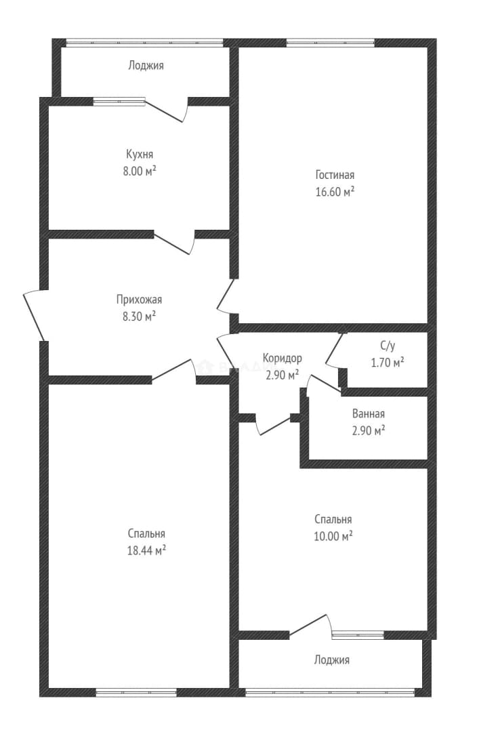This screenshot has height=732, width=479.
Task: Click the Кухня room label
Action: tap(139, 155)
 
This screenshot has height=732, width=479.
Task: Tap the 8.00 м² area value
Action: tap(139, 171)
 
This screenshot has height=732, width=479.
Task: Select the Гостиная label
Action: tap(335, 175)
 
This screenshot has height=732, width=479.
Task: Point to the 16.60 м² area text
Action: tap(335, 192)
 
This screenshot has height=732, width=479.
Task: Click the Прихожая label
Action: tap(139, 300)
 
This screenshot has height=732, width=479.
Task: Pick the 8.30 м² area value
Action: tap(139, 317)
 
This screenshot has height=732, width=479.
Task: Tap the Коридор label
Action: tap(282, 358)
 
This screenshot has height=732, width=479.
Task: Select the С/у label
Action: tap(388, 346)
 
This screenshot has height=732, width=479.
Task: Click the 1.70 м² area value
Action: tap(388, 363)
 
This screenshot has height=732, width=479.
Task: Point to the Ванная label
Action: tap(369, 413)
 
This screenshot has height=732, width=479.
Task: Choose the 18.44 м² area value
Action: tap(146, 550)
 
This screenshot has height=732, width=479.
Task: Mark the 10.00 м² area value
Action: tap(333, 536)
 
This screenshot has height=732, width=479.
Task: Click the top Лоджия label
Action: tap(146, 66)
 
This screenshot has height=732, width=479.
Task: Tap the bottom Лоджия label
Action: tap(331, 660)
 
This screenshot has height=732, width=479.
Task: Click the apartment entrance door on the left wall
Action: tap(35, 316)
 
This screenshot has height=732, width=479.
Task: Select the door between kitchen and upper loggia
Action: tap(166, 110)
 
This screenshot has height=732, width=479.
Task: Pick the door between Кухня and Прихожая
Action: tap(173, 243)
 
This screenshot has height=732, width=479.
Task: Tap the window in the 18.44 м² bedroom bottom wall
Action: tap(136, 693)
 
